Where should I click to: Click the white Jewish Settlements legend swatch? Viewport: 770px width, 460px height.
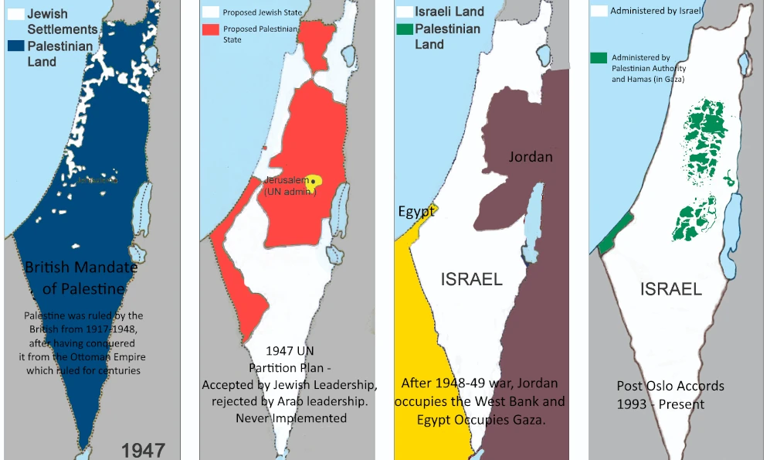tap(15, 14)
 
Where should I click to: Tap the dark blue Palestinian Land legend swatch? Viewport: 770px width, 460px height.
tap(15, 46)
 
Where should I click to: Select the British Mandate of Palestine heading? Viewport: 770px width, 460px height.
tap(81, 278)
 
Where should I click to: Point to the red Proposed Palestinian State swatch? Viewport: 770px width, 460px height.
tap(210, 29)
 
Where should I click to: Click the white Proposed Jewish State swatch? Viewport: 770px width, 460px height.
tap(210, 12)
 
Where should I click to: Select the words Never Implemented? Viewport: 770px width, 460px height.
tap(290, 418)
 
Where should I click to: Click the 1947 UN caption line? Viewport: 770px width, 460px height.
tap(290, 350)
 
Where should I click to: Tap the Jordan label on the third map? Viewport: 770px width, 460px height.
tap(531, 157)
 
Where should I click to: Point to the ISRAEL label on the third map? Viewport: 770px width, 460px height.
tap(471, 279)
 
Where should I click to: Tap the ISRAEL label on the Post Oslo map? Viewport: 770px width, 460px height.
tap(670, 289)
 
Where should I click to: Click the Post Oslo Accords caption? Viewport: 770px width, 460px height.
tap(670, 386)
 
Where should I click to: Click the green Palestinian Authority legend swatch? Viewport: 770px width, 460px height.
tap(597, 58)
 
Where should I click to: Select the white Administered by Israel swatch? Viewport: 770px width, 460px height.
tap(597, 12)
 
